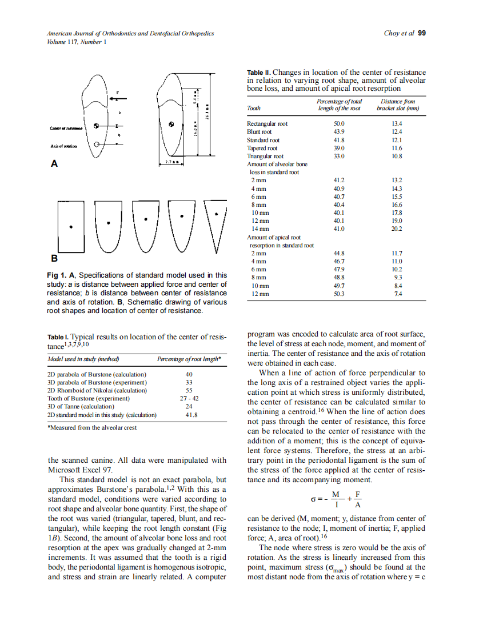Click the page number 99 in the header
click(x=422, y=33)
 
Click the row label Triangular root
click(x=265, y=156)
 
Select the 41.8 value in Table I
click(x=189, y=415)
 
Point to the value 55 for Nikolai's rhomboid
click(x=189, y=390)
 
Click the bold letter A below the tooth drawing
click(x=54, y=163)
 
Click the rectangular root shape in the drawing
click(x=71, y=226)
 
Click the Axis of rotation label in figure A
click(x=63, y=146)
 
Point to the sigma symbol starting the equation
click(x=313, y=500)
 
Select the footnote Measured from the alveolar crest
click(x=92, y=427)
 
